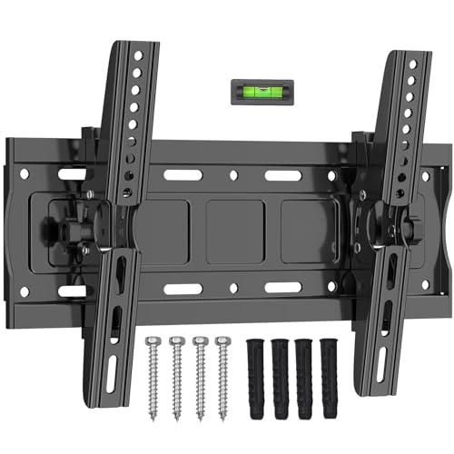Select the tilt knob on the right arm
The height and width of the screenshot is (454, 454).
click(x=419, y=222)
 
